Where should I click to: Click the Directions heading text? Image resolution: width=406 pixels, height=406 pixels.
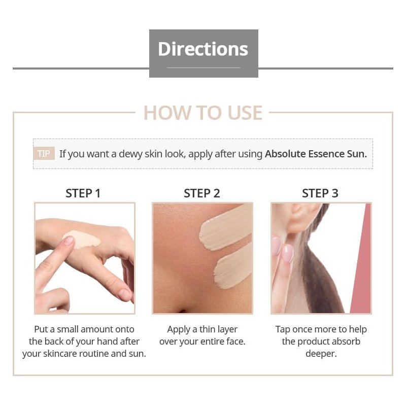(203, 49)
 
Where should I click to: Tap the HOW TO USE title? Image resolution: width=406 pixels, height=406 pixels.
(203, 113)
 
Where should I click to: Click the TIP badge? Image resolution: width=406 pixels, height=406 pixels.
(44, 153)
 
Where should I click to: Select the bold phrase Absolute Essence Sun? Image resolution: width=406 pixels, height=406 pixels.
(316, 154)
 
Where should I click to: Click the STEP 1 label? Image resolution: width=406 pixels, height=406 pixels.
(83, 193)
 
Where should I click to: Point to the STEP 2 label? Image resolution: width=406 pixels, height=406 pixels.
(202, 193)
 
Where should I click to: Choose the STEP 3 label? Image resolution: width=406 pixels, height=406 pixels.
(320, 193)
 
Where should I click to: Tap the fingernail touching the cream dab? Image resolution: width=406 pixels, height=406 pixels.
(69, 241)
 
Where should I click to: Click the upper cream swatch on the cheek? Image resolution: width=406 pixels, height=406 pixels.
(225, 227)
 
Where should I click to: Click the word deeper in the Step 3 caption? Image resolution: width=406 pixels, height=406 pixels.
(321, 354)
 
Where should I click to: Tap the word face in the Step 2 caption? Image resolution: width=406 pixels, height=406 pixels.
(235, 341)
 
